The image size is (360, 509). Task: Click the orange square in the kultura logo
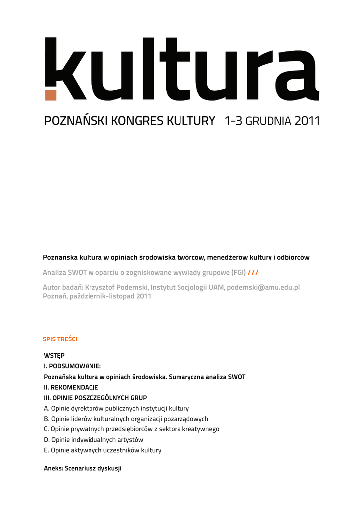click(x=51, y=95)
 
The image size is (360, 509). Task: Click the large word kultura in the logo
click(x=181, y=70)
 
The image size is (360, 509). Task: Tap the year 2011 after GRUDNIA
click(x=307, y=121)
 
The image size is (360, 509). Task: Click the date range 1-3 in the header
click(x=233, y=121)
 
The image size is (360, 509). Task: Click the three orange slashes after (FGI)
click(x=253, y=272)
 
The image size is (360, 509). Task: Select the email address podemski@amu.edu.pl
click(x=264, y=287)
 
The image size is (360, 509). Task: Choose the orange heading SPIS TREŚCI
click(x=60, y=339)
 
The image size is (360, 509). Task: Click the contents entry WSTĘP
click(x=54, y=355)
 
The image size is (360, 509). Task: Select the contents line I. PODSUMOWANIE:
click(x=73, y=366)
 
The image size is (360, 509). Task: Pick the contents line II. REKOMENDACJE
click(x=71, y=387)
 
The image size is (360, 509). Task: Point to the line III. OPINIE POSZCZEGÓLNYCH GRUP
click(x=95, y=398)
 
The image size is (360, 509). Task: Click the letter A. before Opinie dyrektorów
click(x=47, y=408)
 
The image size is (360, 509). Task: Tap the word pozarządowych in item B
click(x=185, y=419)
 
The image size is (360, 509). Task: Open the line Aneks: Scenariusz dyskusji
click(x=83, y=468)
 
